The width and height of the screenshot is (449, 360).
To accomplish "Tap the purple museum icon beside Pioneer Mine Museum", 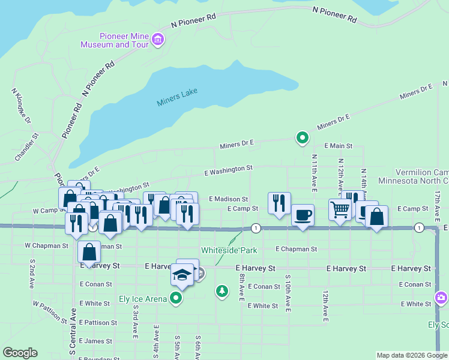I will pos(158,40).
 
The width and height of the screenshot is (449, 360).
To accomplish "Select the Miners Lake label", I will pos(177,97).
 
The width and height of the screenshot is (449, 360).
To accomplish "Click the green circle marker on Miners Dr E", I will pos(303,139).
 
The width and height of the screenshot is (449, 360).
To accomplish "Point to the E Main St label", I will pos(338,146).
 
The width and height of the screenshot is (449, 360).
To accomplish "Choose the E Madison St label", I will pos(228,199).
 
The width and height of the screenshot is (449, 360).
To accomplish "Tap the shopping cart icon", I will pos(340,210).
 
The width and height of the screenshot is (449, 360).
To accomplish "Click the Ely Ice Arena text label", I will pos(143,299).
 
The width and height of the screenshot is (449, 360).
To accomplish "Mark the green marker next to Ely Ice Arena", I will pos(176,298).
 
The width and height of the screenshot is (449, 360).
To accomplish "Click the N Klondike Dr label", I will pos(20,103).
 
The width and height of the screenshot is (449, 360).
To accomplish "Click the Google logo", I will pos(20,353).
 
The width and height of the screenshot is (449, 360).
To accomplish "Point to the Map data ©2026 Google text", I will pos(411,355).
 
